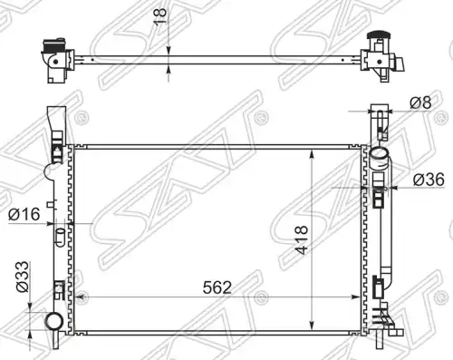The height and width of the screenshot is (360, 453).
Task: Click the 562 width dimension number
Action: coord(217,287)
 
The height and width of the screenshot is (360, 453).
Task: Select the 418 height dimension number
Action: coord(302,239)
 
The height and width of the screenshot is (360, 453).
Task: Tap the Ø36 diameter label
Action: coord(429,180)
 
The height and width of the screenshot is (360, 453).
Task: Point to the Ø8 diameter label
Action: coord(420,102)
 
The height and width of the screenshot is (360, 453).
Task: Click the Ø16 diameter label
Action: coord(24,214)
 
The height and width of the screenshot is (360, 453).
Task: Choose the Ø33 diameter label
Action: coord(23,277)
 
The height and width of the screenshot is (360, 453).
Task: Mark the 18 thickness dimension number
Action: coord(160,16)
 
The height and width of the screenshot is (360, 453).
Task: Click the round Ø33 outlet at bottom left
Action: coord(54,321)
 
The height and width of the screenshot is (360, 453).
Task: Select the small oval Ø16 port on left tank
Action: coord(61,237)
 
